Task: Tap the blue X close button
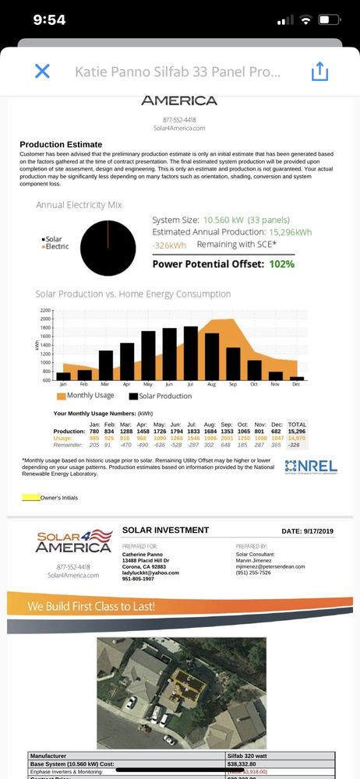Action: click(42, 72)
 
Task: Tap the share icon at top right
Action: click(319, 72)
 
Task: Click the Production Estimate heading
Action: click(60, 145)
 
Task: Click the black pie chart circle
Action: click(113, 248)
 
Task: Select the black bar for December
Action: click(296, 378)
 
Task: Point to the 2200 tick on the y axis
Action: click(44, 310)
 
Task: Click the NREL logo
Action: click(311, 466)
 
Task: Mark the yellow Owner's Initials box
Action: click(31, 496)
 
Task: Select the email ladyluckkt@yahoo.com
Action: click(150, 573)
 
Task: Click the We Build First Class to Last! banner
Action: click(91, 606)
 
